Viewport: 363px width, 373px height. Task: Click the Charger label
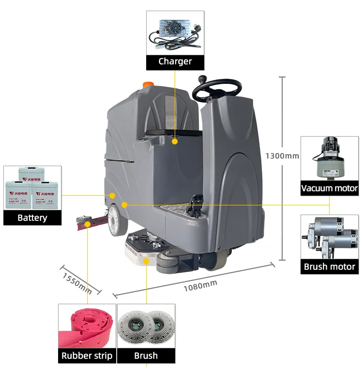tap(175, 62)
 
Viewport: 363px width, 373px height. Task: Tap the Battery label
tap(32, 218)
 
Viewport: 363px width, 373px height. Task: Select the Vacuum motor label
tap(330, 188)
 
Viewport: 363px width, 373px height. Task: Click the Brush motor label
tap(330, 266)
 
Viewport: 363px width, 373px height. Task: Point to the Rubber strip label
tap(87, 356)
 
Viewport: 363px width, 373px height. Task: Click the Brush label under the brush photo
tap(146, 356)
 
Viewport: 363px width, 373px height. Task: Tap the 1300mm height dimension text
tap(282, 156)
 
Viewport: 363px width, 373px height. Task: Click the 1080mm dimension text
tap(200, 286)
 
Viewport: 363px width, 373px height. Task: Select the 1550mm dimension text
tap(77, 282)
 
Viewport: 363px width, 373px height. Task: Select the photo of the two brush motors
tap(330, 237)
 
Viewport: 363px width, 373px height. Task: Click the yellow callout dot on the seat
tap(175, 141)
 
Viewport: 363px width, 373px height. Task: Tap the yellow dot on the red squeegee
tap(87, 224)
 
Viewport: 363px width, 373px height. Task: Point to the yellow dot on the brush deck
tap(146, 261)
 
